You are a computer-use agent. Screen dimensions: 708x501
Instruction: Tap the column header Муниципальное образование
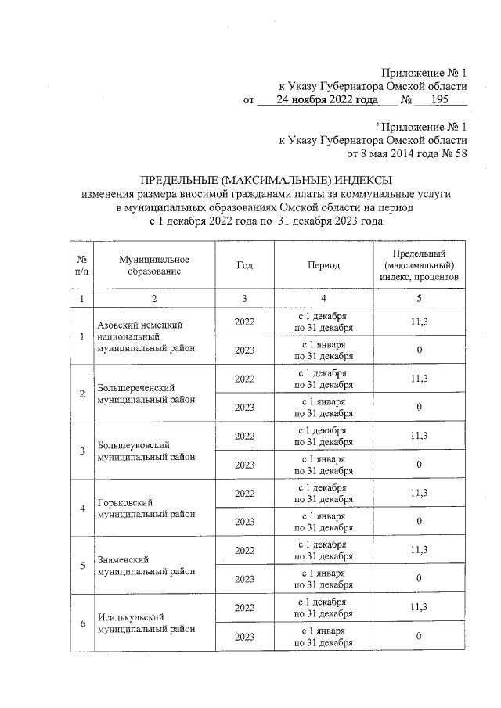[x=154, y=264]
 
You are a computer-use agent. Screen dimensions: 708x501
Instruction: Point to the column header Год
[x=244, y=264]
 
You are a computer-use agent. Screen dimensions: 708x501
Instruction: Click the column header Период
[x=323, y=264]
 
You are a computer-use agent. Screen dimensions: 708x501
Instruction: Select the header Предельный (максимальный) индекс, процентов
[x=419, y=264]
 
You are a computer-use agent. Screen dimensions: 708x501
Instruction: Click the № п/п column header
[x=81, y=264]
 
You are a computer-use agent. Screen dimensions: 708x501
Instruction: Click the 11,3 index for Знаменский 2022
[x=419, y=550]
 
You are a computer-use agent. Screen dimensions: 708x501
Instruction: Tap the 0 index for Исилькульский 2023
[x=419, y=637]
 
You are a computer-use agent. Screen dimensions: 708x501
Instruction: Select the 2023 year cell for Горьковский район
[x=244, y=522]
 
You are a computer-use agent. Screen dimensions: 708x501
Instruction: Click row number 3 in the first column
[x=81, y=451]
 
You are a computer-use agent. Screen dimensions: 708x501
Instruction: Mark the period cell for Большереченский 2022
[x=323, y=379]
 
